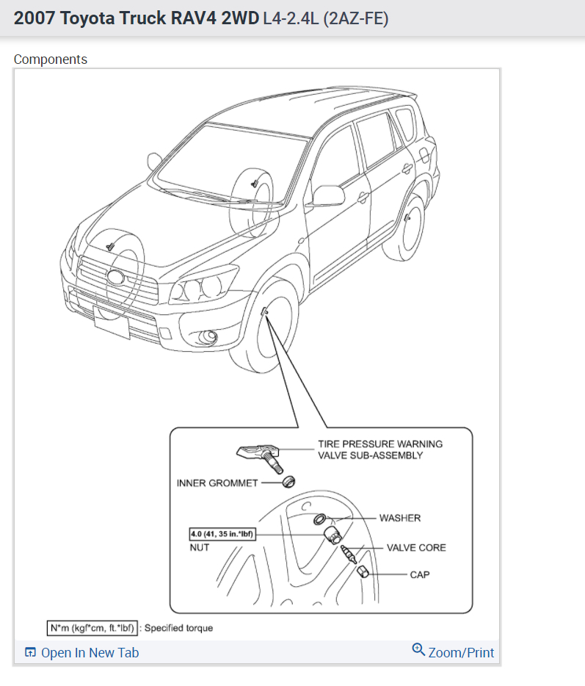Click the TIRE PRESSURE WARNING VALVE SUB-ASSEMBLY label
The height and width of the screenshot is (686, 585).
(x=379, y=449)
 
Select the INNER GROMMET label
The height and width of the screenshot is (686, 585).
(x=217, y=483)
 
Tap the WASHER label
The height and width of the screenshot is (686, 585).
(x=399, y=518)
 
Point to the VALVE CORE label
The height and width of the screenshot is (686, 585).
(x=416, y=547)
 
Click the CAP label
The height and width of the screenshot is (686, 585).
(x=420, y=574)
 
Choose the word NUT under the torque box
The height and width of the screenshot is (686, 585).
(x=200, y=547)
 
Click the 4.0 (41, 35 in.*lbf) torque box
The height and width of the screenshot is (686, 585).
(x=222, y=534)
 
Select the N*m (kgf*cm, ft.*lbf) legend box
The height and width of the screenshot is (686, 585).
(x=92, y=628)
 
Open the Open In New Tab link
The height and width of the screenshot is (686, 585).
(x=82, y=653)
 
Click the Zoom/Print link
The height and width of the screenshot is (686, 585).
(x=454, y=652)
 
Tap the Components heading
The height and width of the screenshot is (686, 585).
(x=51, y=59)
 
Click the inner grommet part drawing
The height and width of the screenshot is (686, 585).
(x=288, y=482)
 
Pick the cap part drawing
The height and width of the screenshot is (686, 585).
(x=363, y=573)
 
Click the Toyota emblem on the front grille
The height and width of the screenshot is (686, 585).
(x=116, y=278)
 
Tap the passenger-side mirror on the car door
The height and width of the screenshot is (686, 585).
(x=328, y=195)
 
